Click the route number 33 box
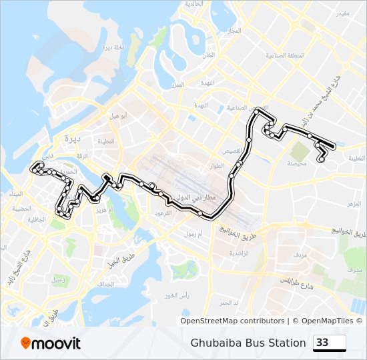tap(330, 343)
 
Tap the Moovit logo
tap(51, 343)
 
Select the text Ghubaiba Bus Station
tap(248, 343)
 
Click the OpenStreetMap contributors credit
tap(233, 321)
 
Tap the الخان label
tap(209, 55)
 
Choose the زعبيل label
tap(58, 280)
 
